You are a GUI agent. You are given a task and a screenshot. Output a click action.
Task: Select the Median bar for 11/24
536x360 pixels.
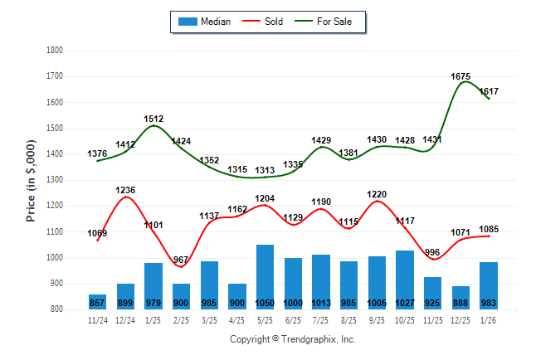(x=97, y=301)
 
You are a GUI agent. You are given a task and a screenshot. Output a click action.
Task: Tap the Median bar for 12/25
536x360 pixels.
(x=460, y=297)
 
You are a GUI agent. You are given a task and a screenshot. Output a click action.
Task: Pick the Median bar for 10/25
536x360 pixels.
(x=404, y=280)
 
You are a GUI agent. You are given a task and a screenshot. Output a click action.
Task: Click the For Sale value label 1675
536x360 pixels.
(x=460, y=76)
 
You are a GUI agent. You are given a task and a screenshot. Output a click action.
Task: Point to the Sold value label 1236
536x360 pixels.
(x=125, y=190)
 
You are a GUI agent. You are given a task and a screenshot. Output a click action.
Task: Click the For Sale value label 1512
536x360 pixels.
(x=153, y=119)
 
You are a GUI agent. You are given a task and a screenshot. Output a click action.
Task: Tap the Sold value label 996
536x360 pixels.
(x=432, y=253)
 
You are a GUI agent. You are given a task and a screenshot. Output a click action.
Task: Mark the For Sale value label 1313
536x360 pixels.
(x=265, y=170)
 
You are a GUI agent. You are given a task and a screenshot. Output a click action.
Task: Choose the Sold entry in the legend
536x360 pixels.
(x=265, y=22)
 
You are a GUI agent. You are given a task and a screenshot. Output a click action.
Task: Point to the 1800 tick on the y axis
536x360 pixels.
(x=56, y=51)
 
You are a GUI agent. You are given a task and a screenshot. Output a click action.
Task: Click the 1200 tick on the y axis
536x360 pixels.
(x=56, y=206)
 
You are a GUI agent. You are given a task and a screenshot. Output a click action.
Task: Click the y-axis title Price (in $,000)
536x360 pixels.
(x=32, y=179)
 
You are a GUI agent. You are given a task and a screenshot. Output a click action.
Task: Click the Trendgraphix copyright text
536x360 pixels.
(x=292, y=339)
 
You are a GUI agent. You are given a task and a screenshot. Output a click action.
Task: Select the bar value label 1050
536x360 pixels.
(x=265, y=303)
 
